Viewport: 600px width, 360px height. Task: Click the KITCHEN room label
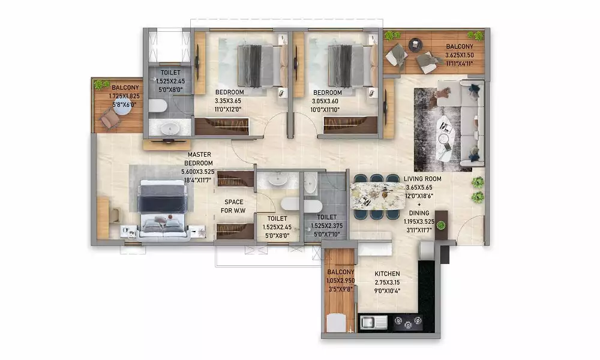(387, 274)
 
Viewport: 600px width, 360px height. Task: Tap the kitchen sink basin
(368, 323)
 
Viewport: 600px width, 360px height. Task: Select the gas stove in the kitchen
(408, 322)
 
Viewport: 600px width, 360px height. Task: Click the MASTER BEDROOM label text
(199, 159)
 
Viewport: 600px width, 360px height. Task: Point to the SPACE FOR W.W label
(233, 206)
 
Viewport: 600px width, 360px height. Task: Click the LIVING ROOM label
(422, 179)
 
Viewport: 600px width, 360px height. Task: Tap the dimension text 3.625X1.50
(460, 55)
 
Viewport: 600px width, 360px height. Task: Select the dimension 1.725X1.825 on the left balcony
(124, 97)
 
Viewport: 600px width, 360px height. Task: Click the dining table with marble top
(377, 196)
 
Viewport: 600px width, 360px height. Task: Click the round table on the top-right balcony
(415, 45)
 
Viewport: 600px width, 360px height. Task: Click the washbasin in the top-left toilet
(170, 128)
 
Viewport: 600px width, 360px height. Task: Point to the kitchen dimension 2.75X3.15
(387, 283)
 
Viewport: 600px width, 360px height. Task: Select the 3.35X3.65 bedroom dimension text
(228, 101)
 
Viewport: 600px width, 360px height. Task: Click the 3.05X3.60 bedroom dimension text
(325, 101)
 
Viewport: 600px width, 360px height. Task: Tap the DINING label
(419, 213)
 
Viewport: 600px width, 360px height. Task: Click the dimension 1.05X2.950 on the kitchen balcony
(341, 280)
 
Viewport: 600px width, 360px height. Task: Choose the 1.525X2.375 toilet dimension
(326, 226)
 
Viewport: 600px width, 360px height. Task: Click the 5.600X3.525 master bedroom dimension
(198, 172)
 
